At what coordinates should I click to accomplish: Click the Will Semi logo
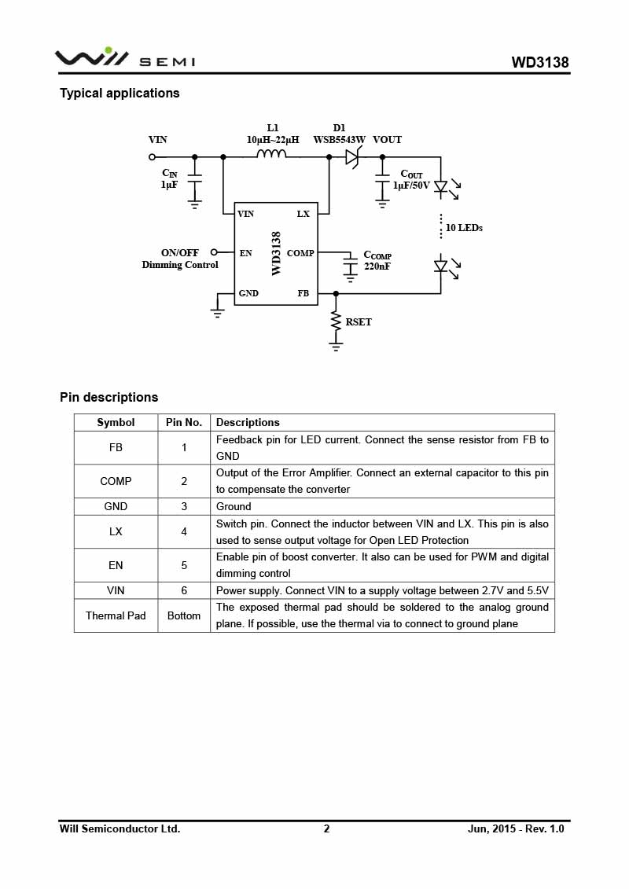(x=125, y=57)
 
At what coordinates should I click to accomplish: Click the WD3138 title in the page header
(x=540, y=62)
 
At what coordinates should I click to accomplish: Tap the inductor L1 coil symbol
(x=272, y=153)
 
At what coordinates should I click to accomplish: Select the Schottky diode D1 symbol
(x=353, y=156)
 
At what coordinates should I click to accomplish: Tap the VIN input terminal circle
(x=152, y=157)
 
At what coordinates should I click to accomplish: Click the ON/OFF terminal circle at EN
(x=214, y=252)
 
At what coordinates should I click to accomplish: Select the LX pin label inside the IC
(x=303, y=214)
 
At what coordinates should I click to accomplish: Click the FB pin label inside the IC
(x=303, y=293)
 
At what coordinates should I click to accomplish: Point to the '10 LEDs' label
(x=464, y=227)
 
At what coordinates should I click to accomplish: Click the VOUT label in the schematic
(x=387, y=139)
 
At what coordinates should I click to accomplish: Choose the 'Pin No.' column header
(x=184, y=422)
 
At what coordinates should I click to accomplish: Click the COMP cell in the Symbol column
(x=116, y=481)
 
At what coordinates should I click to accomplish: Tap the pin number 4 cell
(x=184, y=531)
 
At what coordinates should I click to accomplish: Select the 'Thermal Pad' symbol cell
(x=116, y=615)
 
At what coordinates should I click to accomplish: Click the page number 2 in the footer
(x=326, y=828)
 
